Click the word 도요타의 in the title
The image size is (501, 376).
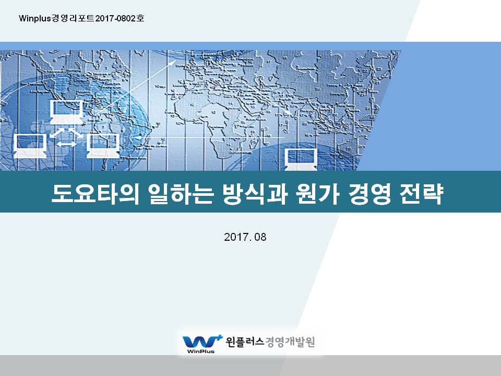pyautogui.click(x=95, y=194)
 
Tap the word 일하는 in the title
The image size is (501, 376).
pyautogui.click(x=181, y=194)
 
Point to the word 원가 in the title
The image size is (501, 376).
pyautogui.click(x=317, y=194)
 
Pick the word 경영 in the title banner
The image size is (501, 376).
pyautogui.click(x=369, y=194)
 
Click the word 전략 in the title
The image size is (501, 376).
pyautogui.click(x=422, y=194)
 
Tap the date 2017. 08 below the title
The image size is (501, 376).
pyautogui.click(x=245, y=237)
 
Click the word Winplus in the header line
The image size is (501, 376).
pyautogui.click(x=35, y=19)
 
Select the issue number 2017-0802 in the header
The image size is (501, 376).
pyautogui.click(x=115, y=18)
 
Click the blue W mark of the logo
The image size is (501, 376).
pyautogui.click(x=200, y=342)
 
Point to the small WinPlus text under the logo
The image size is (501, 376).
pyautogui.click(x=200, y=351)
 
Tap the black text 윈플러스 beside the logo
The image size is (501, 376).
pyautogui.click(x=245, y=342)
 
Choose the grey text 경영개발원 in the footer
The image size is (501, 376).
pyautogui.click(x=290, y=342)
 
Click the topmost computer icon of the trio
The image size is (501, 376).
pyautogui.click(x=66, y=112)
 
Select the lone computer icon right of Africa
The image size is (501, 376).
pyautogui.click(x=301, y=159)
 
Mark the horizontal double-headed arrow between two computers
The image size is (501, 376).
pyautogui.click(x=66, y=144)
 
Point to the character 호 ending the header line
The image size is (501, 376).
pyautogui.click(x=140, y=18)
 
